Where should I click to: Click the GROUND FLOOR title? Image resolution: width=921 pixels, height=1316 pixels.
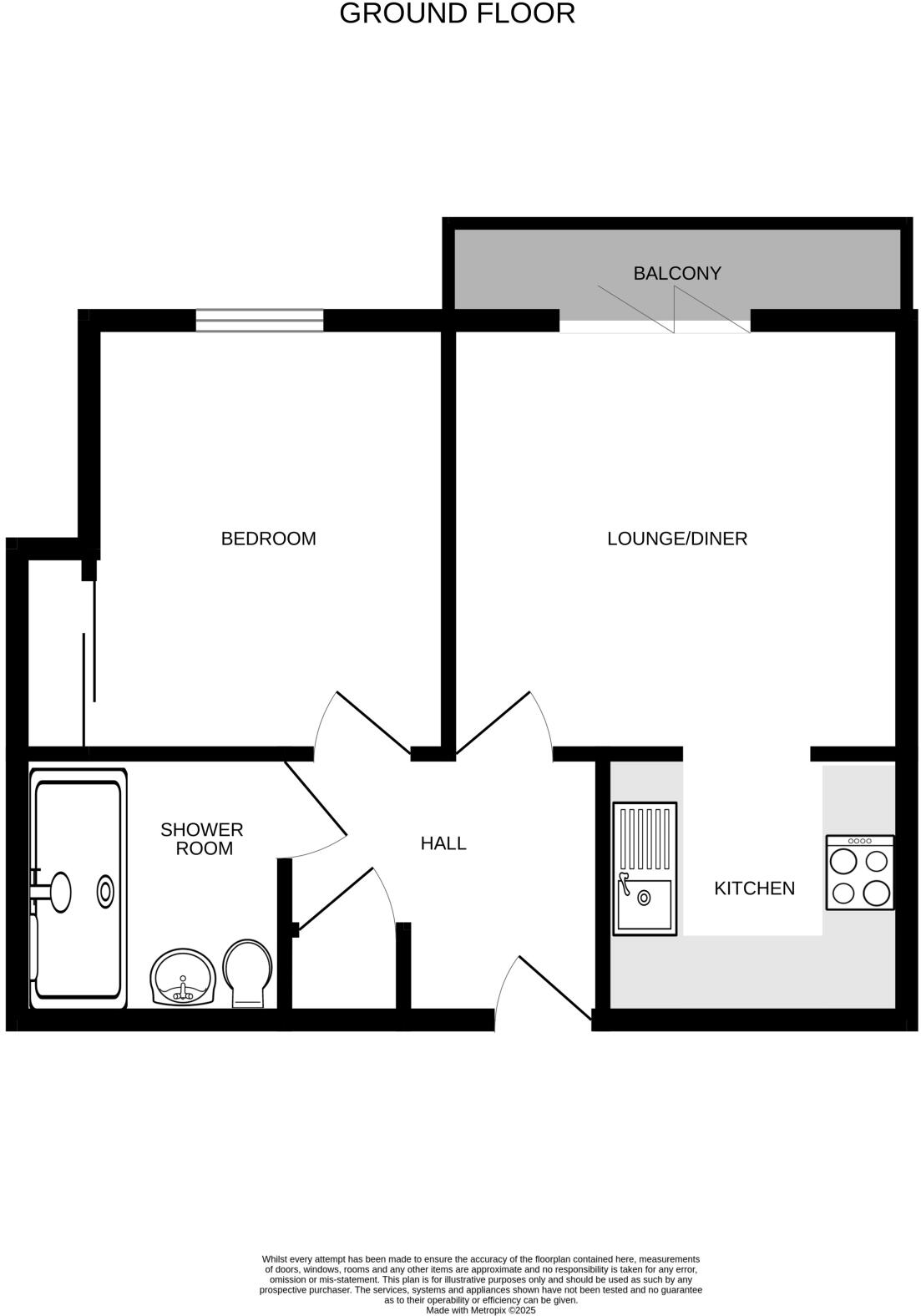457,14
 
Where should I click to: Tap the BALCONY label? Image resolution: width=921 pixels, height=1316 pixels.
676,273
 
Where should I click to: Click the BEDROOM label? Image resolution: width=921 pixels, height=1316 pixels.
268,539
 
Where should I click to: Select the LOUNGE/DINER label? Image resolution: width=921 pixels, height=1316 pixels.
676,539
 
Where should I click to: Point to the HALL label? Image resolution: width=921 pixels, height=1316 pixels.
443,843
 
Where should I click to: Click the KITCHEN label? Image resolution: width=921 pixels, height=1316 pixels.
754,888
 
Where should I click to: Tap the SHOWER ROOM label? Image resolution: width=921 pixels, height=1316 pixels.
202,838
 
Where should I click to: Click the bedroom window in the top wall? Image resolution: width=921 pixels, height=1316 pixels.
260,320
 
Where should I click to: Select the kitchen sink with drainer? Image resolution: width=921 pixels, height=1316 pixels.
645,868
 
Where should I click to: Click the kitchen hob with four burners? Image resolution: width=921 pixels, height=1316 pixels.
859,872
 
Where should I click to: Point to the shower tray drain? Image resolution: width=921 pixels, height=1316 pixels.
106,891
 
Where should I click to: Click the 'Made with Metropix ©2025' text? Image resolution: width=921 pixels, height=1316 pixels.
480,1310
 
